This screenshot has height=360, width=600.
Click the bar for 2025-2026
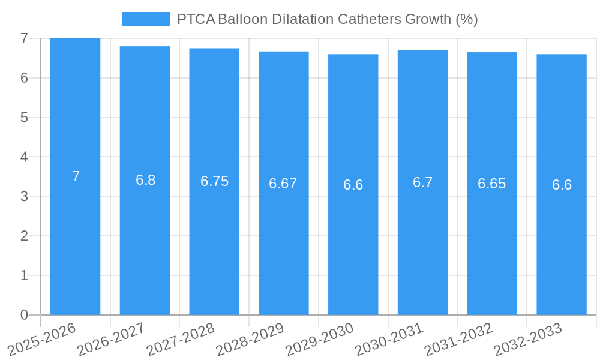[x=75, y=176]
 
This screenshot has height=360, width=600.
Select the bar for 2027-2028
[x=214, y=181]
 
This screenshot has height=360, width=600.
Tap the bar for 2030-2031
[x=422, y=182]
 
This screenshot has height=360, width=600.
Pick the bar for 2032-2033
[x=562, y=184]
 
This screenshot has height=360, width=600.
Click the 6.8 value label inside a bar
[x=145, y=180]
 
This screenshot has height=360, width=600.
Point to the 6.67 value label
[x=283, y=184]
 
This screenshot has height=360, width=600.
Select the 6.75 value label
[x=214, y=182]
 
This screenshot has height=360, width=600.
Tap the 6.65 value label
[x=492, y=184]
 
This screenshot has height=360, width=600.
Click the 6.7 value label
[x=422, y=182]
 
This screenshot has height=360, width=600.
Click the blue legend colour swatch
[x=146, y=19]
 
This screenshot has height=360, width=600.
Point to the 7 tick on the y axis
[x=24, y=38]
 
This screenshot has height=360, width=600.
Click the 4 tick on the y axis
[x=24, y=157]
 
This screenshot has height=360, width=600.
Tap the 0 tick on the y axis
[x=24, y=315]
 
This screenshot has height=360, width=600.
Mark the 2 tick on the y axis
[x=24, y=236]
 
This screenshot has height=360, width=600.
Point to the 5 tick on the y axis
[x=24, y=118]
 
